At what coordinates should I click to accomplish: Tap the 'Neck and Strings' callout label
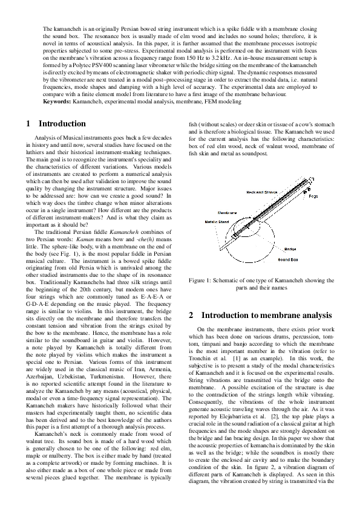pos(261,192)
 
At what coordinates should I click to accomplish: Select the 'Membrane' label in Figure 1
pos(209,213)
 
